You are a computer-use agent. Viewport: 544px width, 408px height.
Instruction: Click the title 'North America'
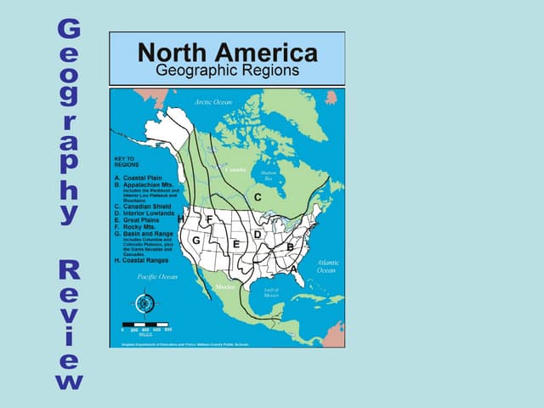(227, 53)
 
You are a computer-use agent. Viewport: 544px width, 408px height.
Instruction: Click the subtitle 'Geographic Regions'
(227, 71)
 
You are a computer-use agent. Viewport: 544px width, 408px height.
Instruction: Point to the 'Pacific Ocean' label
(157, 276)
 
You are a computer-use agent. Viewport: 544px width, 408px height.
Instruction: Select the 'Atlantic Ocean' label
(327, 267)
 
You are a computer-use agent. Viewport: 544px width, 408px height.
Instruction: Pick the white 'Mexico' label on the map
(225, 287)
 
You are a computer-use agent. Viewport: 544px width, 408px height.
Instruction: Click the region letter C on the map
(257, 197)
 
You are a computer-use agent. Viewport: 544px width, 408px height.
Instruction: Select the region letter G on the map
(195, 241)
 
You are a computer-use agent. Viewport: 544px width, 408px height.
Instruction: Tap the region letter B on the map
(290, 246)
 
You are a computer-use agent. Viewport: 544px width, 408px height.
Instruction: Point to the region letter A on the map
(294, 268)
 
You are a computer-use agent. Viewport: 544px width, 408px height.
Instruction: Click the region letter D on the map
(257, 234)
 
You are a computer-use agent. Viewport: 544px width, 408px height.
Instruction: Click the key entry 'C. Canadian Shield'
(146, 206)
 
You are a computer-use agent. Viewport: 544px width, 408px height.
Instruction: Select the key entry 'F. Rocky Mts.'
(137, 227)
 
